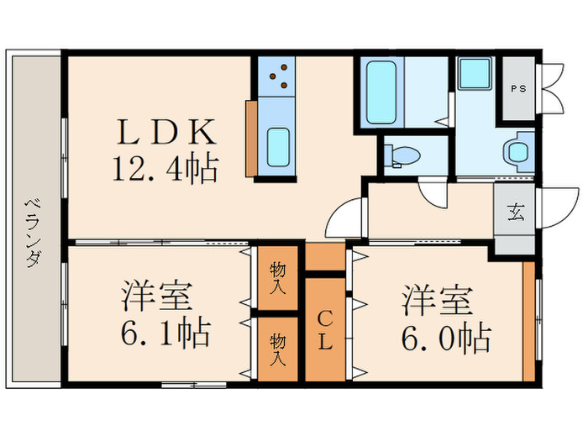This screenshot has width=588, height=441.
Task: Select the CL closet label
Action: point(325,329)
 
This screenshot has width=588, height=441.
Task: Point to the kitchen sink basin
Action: point(278,149)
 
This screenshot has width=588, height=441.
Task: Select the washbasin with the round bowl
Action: point(516,152)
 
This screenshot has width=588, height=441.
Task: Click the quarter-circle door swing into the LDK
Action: point(344,219)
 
